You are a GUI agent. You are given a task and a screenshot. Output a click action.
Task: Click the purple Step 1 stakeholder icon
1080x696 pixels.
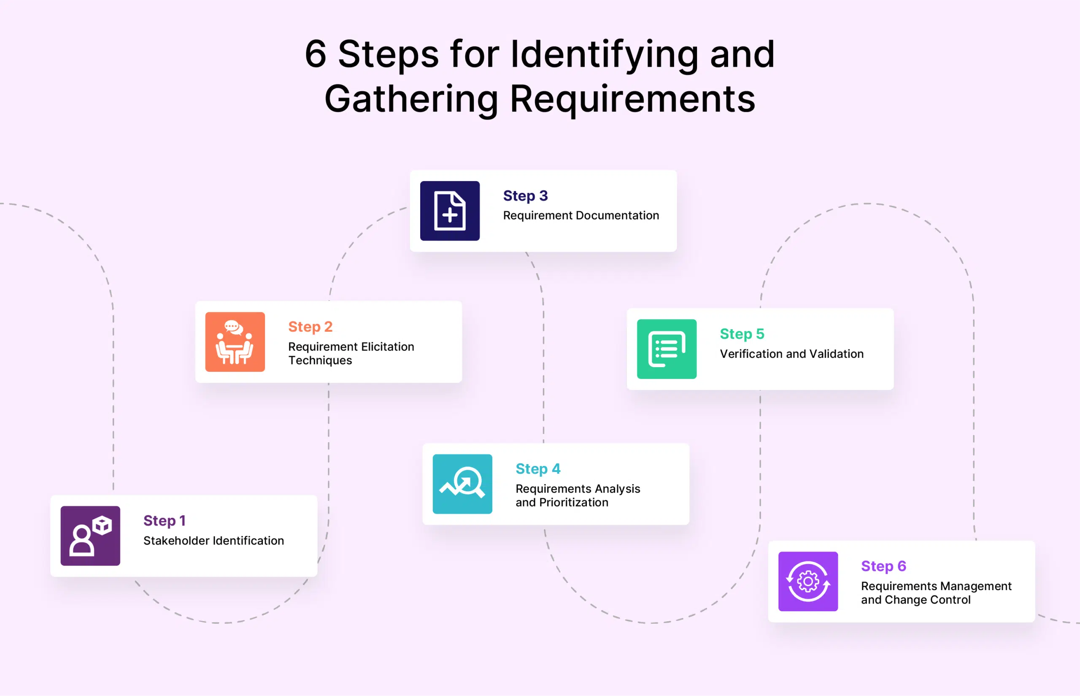point(90,536)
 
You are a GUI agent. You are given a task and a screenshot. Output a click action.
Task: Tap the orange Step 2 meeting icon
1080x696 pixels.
point(235,342)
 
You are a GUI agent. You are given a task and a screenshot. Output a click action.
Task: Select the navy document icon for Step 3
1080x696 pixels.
point(450,211)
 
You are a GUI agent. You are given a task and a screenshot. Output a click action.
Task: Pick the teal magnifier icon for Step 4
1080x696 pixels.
point(462,484)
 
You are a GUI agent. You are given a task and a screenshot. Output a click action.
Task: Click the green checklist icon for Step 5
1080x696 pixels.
point(667,349)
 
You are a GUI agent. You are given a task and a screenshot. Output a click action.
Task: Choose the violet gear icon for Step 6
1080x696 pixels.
point(807,581)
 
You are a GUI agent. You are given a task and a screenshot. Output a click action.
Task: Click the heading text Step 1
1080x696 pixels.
point(165,521)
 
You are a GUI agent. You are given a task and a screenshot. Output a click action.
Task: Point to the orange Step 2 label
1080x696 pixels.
point(310,326)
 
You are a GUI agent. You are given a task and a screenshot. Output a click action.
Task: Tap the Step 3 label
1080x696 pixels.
point(525,196)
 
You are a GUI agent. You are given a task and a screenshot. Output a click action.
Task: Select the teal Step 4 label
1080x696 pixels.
point(538,469)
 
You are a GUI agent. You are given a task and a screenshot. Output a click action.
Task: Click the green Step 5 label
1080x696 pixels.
point(742,333)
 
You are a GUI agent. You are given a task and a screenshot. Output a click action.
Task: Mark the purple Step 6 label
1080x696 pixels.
point(883,566)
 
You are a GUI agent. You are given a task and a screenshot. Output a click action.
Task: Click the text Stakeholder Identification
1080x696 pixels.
point(213,541)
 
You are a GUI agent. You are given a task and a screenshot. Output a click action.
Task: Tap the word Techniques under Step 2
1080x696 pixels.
point(320,360)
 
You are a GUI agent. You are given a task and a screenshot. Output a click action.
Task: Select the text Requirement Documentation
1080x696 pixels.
point(581,215)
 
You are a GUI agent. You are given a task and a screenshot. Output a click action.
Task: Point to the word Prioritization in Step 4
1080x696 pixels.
point(574,502)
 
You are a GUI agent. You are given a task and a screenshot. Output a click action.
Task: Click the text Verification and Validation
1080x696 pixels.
point(791,353)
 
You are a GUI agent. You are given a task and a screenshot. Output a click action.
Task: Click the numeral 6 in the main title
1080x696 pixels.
point(315,54)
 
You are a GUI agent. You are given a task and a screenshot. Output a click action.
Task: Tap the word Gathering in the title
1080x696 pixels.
point(411,99)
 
